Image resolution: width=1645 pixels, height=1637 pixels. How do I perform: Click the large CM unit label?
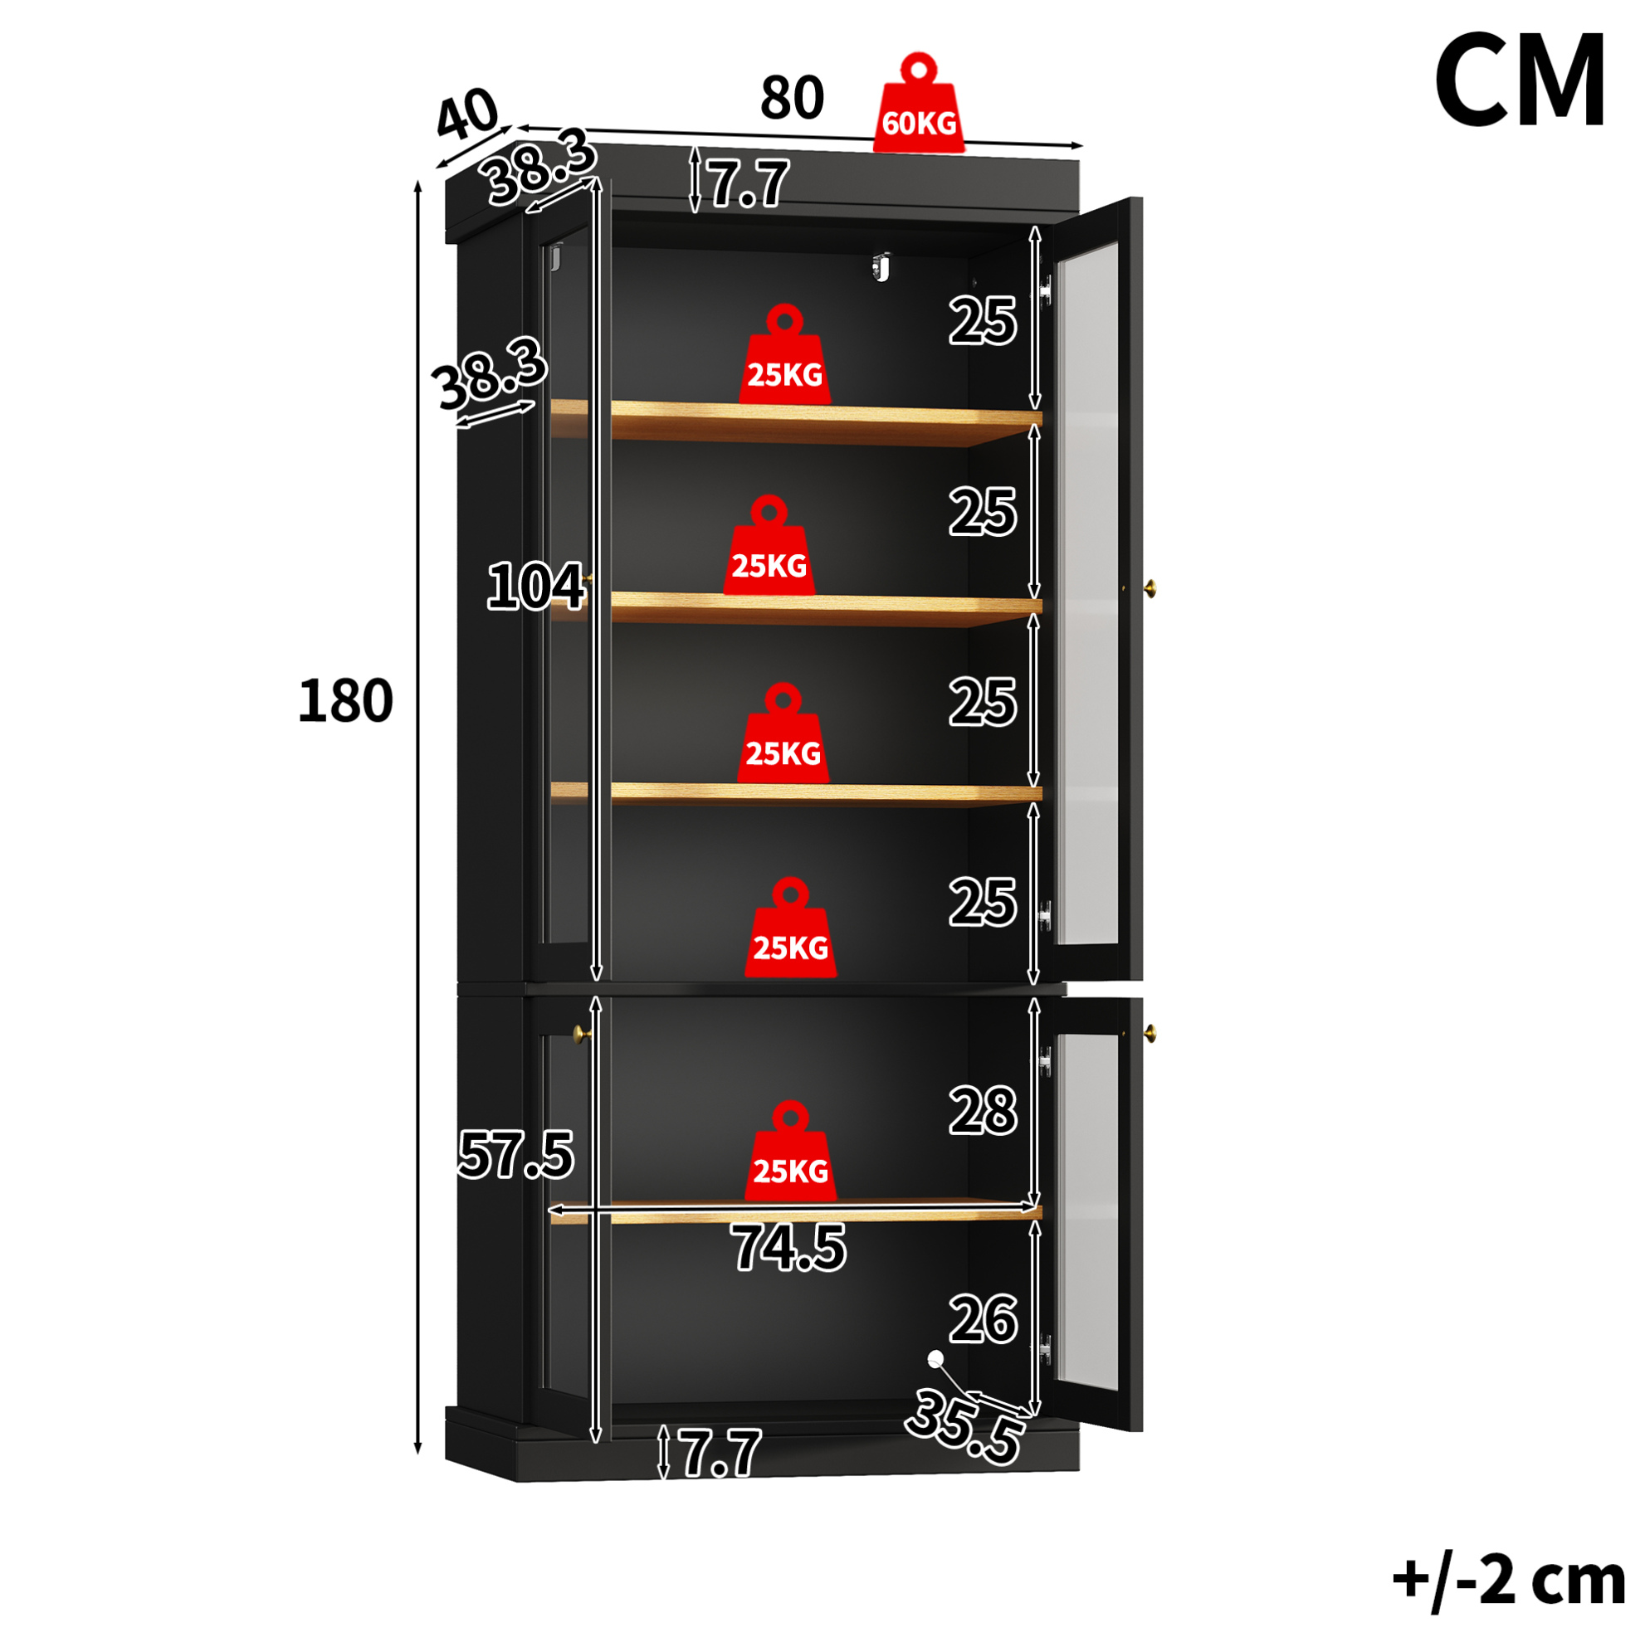click(1520, 80)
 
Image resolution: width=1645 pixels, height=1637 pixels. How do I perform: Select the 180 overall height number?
click(344, 700)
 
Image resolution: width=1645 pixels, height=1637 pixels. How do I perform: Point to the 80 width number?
click(792, 98)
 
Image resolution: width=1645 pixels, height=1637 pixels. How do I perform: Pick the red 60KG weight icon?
click(919, 103)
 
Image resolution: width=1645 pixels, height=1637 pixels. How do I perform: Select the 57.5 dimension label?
click(516, 1154)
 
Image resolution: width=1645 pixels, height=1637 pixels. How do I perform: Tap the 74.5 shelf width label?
click(788, 1248)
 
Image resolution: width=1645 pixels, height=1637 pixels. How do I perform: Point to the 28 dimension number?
click(984, 1111)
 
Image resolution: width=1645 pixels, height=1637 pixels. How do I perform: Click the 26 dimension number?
click(984, 1319)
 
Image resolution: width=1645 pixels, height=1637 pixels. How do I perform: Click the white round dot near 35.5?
click(935, 1357)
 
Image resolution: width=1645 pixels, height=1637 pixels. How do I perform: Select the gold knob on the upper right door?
click(1151, 587)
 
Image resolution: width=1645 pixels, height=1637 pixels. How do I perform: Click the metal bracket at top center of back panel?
click(881, 266)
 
